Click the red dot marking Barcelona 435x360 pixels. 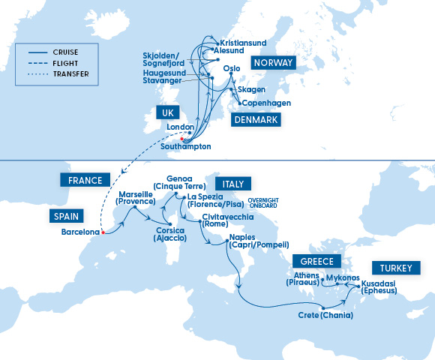pos(103,232)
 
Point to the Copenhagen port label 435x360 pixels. pos(266,103)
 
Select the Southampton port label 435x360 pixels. pos(185,146)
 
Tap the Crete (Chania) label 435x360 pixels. pos(327,316)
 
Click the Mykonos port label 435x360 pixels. pos(344,277)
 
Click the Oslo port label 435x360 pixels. pos(232,70)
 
